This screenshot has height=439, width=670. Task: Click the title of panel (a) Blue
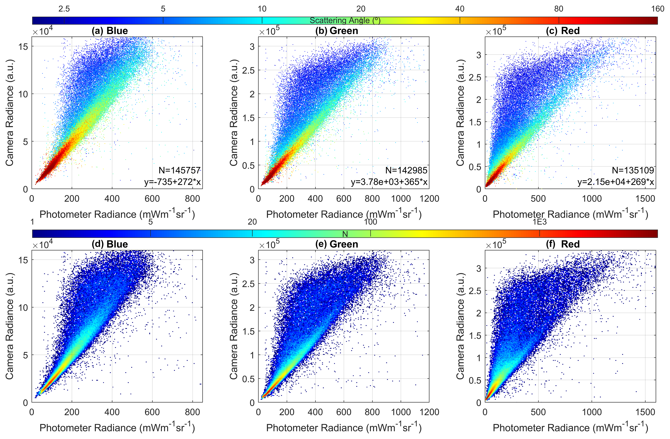(110, 31)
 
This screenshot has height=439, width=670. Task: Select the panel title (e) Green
(337, 244)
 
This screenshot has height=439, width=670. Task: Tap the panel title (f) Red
(563, 244)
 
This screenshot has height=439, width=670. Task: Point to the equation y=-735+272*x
(172, 182)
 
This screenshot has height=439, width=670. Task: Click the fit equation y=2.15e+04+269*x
(616, 182)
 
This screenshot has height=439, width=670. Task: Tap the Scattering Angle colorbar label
(345, 20)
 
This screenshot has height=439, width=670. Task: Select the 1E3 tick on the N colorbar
(539, 222)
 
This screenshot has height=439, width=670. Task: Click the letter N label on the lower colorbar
(345, 234)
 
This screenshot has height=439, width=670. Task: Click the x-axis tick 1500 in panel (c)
(645, 199)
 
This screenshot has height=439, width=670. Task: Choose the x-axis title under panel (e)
(344, 428)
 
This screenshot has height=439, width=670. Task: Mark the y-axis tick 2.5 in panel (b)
(248, 70)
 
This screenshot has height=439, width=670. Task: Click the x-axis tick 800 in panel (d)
(192, 412)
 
